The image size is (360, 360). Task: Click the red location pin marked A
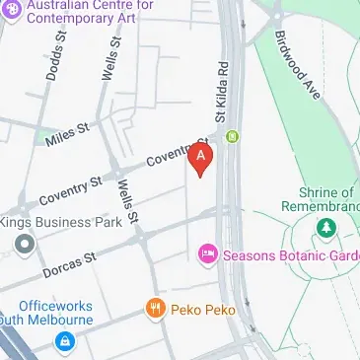[201, 159]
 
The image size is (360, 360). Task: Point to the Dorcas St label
[69, 263]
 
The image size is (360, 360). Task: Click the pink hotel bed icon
[207, 254]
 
